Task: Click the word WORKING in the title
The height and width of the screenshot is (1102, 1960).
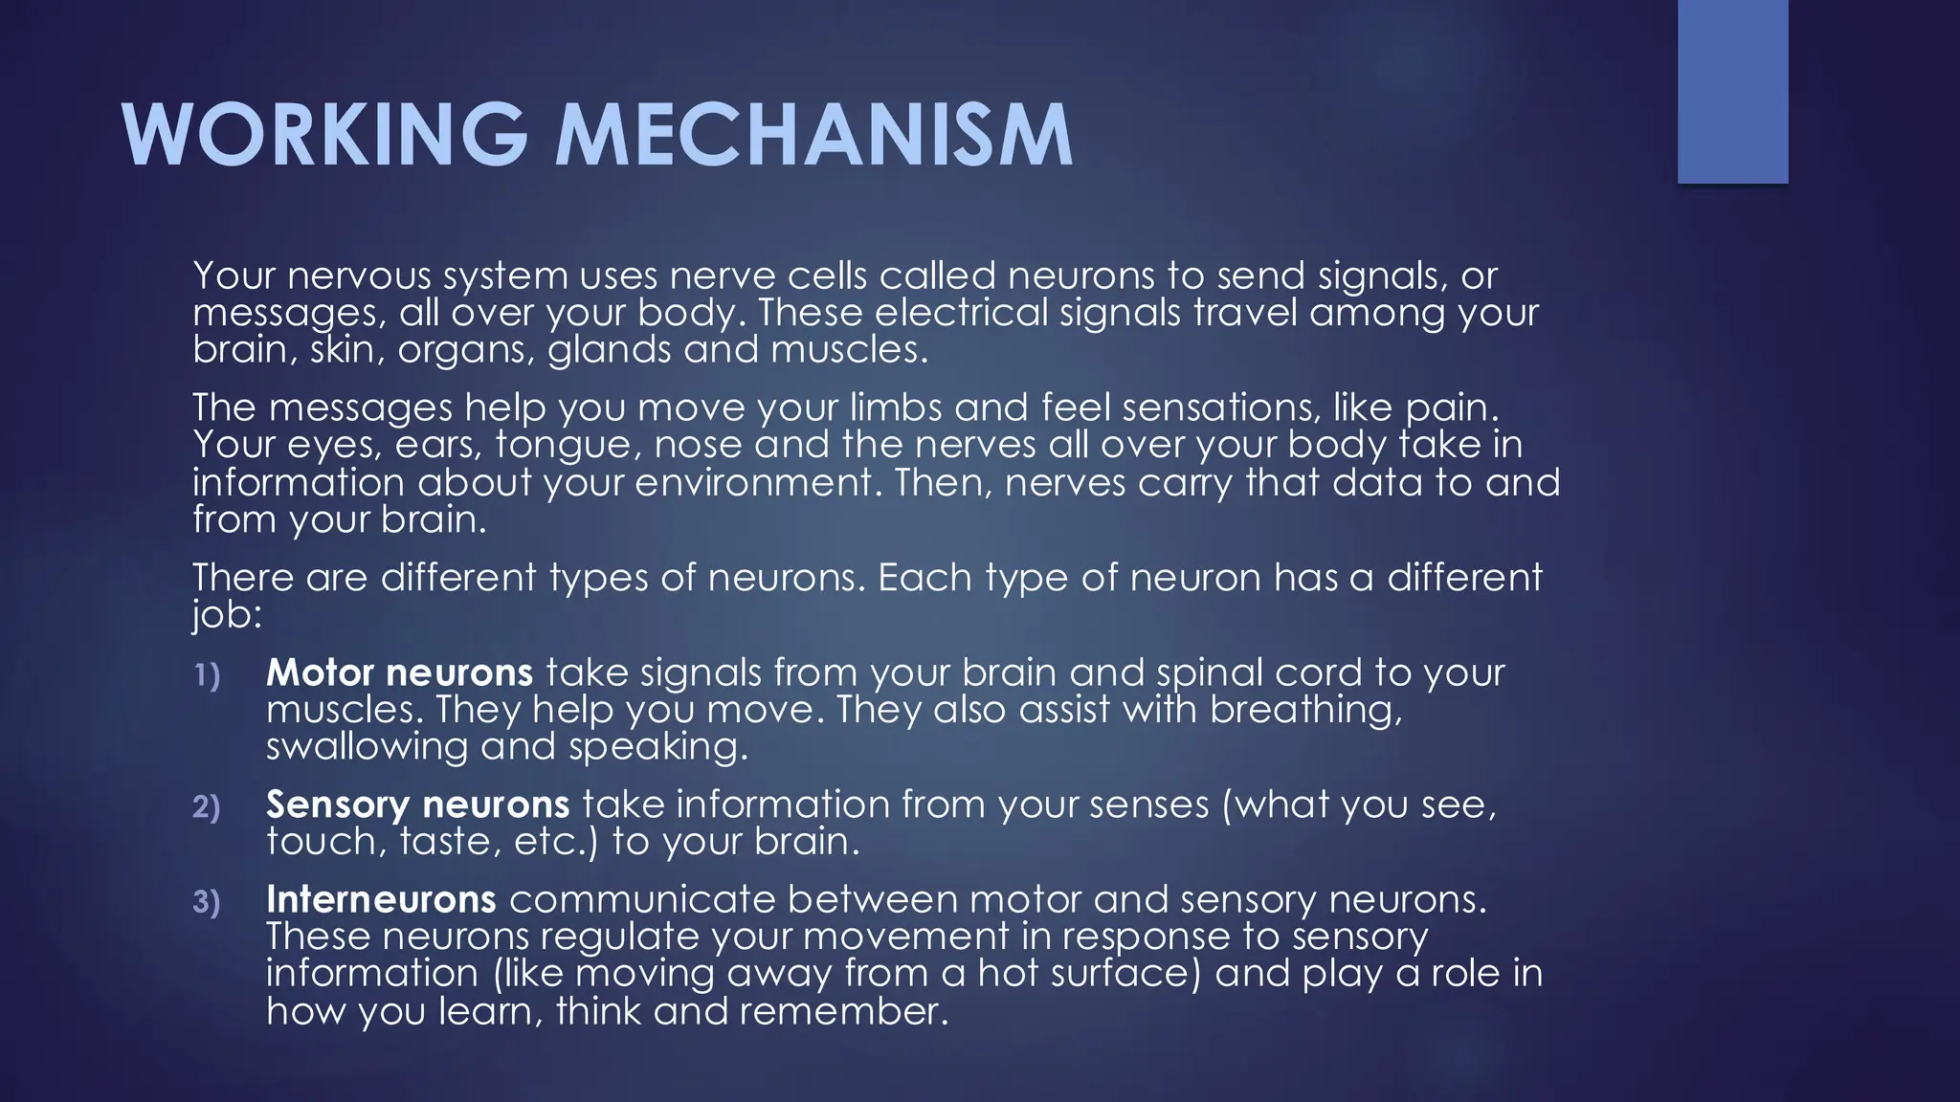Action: coord(324,135)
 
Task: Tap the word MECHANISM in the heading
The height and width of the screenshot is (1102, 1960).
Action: coord(814,135)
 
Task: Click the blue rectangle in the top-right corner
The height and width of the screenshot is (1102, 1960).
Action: coord(1732,91)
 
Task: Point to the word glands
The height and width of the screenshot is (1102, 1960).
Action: coord(609,350)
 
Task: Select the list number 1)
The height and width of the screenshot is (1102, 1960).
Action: coord(207,675)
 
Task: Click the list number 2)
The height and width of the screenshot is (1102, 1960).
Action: coord(207,807)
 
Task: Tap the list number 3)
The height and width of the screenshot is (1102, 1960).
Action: coord(207,902)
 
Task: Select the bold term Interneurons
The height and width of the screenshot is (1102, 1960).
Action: coord(381,899)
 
